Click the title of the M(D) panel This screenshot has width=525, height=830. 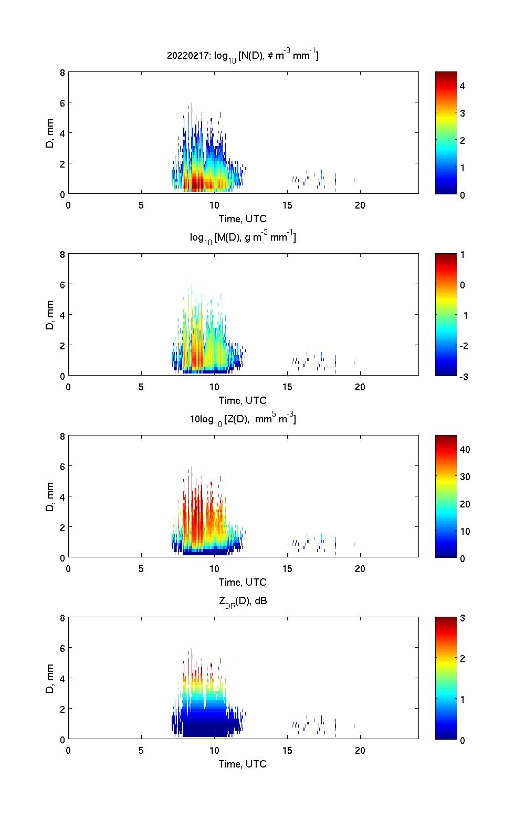(243, 237)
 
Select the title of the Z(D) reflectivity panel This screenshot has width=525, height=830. (243, 419)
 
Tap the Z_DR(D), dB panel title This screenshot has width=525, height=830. (243, 601)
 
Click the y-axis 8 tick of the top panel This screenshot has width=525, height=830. (62, 72)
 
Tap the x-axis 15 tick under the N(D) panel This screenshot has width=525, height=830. (287, 205)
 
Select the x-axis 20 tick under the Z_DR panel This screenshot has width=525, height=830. (360, 751)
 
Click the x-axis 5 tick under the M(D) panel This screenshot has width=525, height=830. (141, 387)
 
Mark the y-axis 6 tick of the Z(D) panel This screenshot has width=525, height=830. (62, 466)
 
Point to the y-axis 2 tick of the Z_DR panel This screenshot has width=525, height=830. (62, 709)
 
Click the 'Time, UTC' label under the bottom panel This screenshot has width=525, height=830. (243, 764)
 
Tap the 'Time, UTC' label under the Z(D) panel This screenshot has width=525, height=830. (243, 582)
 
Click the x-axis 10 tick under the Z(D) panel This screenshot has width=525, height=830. (214, 569)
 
